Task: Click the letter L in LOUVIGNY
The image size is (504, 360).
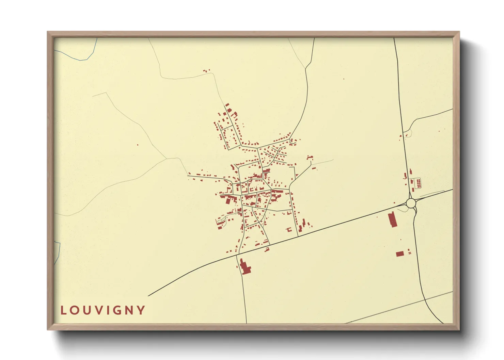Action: pyautogui.click(x=63, y=310)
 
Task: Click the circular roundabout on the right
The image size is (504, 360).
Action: pyautogui.click(x=411, y=203)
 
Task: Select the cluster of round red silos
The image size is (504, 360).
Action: pyautogui.click(x=419, y=183)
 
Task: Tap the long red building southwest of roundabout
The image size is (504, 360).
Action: pyautogui.click(x=392, y=219)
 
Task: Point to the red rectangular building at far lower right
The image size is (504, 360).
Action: pyautogui.click(x=400, y=254)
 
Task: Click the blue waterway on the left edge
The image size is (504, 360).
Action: pyautogui.click(x=58, y=252)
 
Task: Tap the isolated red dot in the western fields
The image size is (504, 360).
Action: pyautogui.click(x=138, y=145)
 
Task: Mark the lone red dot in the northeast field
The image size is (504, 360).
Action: pyautogui.click(x=344, y=79)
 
